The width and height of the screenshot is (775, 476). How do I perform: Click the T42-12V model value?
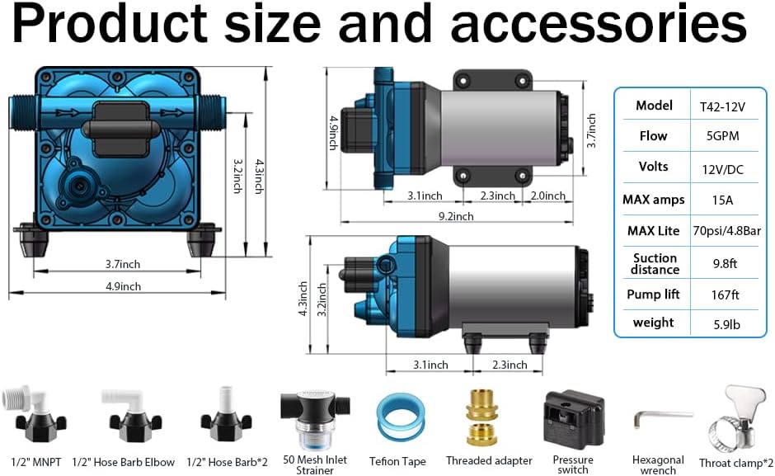click(x=723, y=106)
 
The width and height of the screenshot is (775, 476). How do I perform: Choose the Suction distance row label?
click(x=655, y=264)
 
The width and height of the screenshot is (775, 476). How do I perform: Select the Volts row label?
click(x=654, y=166)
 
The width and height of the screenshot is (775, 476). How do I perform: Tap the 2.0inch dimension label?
click(x=547, y=196)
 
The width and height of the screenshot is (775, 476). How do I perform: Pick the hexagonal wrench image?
click(x=657, y=422)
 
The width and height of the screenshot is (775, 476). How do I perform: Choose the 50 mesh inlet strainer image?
click(x=313, y=417)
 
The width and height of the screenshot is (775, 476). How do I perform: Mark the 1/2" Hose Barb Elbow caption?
click(x=124, y=462)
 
